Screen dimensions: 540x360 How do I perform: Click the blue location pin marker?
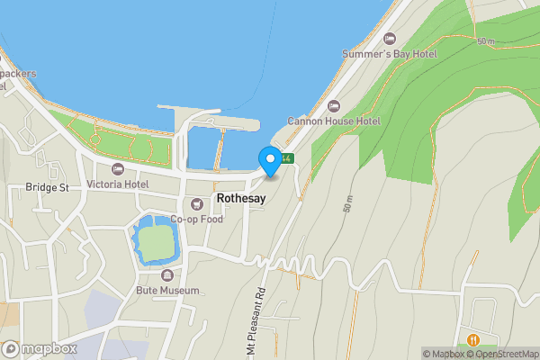(x=269, y=161)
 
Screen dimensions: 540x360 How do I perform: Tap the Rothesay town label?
(x=240, y=199)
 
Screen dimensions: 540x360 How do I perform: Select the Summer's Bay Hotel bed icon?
(x=390, y=38)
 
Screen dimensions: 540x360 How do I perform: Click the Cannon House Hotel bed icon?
(x=335, y=104)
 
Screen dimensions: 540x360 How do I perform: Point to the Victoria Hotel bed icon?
(x=117, y=168)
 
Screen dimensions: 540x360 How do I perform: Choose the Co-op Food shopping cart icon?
(x=197, y=203)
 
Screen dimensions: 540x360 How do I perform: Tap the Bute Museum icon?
(x=166, y=275)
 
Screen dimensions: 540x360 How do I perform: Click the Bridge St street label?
(x=47, y=187)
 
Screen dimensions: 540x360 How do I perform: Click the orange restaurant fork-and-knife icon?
(x=473, y=340)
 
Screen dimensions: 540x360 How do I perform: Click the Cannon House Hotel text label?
(x=335, y=121)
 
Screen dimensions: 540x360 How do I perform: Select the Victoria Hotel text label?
(x=117, y=184)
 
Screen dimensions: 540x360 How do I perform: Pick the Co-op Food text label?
(x=197, y=219)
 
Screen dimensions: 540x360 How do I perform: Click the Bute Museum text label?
(x=166, y=291)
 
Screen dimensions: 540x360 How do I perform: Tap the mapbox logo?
(x=40, y=348)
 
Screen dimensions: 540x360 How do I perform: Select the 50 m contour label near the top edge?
(x=487, y=41)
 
